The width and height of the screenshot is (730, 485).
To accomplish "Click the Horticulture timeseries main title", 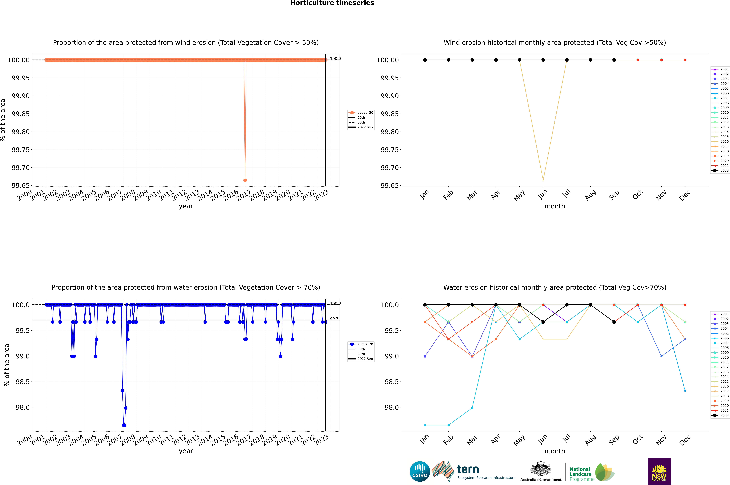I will tap(332, 3).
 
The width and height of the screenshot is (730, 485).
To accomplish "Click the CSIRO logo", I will tap(420, 471).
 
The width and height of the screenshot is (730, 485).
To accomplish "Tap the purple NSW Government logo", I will tap(659, 471).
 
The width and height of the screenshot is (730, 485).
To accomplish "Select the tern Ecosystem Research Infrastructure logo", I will tap(473, 471).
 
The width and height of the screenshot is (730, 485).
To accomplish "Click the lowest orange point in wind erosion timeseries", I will tap(245, 180).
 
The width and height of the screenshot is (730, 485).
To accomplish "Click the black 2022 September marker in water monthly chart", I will tap(614, 322).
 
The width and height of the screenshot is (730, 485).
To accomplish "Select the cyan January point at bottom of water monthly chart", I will tap(425, 425).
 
